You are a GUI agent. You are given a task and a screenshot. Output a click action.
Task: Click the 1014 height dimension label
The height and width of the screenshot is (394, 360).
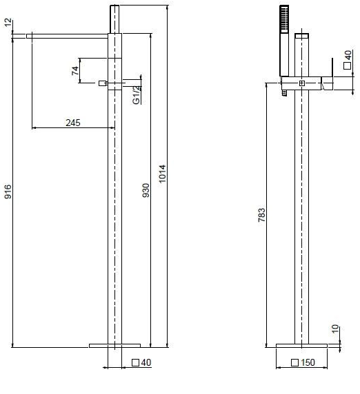click(x=163, y=174)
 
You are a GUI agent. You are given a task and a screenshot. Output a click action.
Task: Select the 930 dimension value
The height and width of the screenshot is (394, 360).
click(x=146, y=190)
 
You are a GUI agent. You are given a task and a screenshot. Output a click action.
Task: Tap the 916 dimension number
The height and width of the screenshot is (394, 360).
click(x=8, y=191)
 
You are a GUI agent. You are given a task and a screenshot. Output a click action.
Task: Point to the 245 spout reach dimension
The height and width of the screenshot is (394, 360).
click(x=73, y=123)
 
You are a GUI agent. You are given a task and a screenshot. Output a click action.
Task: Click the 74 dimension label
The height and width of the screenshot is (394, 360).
click(x=75, y=71)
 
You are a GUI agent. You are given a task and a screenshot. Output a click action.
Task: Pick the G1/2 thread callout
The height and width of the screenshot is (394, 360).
click(x=137, y=94)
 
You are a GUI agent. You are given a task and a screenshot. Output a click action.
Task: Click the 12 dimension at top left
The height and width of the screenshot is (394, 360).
click(x=8, y=22)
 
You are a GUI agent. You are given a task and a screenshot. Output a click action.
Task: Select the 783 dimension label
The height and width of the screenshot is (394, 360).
click(x=261, y=215)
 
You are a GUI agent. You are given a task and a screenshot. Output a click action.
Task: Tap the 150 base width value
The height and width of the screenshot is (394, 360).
click(x=308, y=362)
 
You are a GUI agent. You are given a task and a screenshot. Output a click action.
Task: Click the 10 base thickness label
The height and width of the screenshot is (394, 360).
click(x=335, y=329)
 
